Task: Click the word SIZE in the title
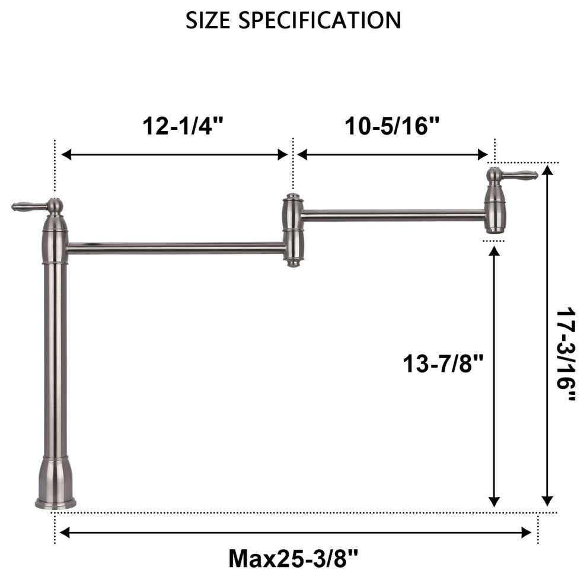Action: tap(208, 20)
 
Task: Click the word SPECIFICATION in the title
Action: tap(320, 20)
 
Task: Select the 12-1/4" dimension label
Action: tap(183, 126)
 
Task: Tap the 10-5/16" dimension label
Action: tap(392, 126)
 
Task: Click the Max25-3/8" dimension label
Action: tap(293, 558)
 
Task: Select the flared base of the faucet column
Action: tap(55, 483)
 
